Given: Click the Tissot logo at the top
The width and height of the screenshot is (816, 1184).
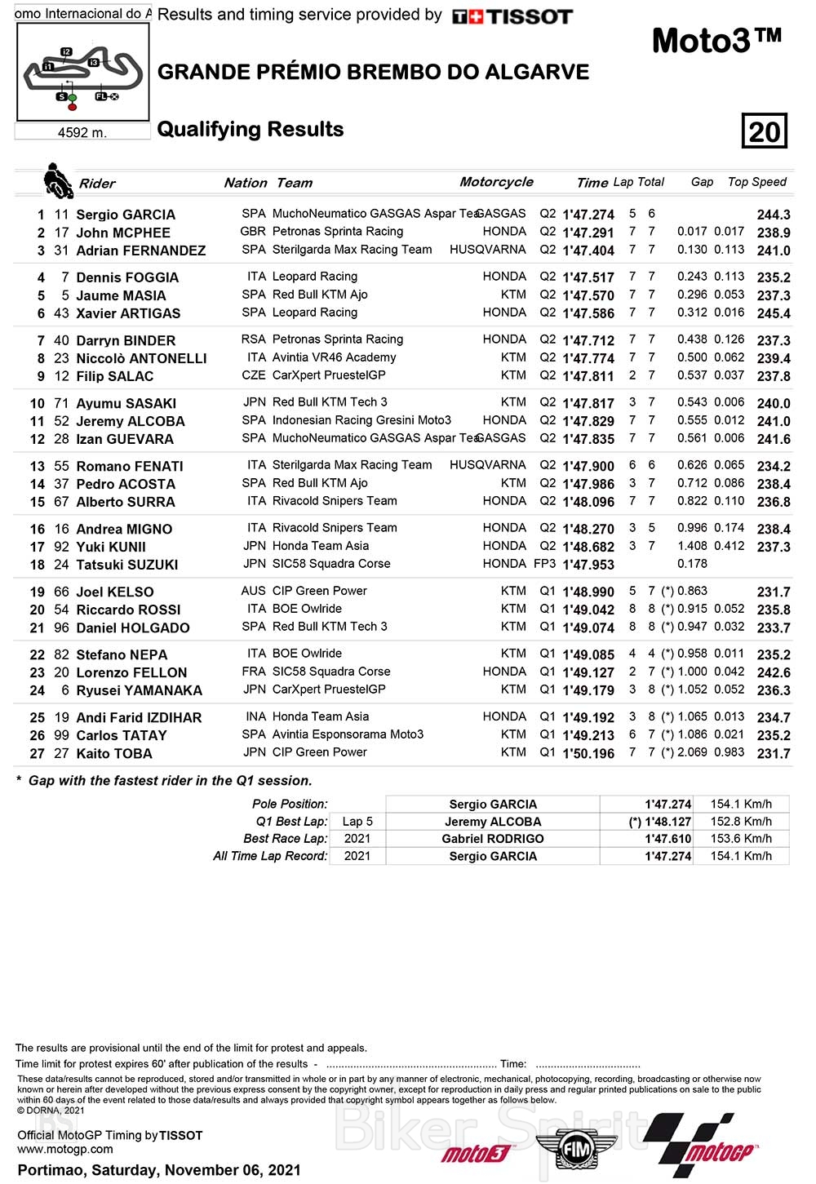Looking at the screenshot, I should (x=512, y=16).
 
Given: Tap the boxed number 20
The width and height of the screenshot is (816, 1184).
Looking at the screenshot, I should (x=764, y=131).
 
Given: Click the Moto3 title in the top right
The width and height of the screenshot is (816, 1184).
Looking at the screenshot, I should (x=716, y=41).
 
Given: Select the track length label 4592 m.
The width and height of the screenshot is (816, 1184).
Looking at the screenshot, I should (x=82, y=132).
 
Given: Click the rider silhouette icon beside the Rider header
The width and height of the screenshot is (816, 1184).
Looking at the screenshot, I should (x=58, y=180).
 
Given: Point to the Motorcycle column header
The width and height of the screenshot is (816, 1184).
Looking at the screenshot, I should (x=496, y=182).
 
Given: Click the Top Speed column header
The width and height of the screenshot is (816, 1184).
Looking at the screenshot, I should (x=756, y=182).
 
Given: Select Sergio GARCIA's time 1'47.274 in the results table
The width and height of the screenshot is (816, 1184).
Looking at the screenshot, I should (x=588, y=215).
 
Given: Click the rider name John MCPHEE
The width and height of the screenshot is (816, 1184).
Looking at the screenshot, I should (x=123, y=233).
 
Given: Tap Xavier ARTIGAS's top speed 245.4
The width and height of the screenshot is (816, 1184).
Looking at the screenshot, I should (x=774, y=313).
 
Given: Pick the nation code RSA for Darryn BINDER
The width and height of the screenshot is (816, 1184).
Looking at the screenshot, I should (x=254, y=339).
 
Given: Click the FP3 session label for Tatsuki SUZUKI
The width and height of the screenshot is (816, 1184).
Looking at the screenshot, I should (x=544, y=564).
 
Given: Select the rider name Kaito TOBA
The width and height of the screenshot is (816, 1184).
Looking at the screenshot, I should (x=114, y=753).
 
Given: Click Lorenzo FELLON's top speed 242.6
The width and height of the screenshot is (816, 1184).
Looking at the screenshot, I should (x=774, y=672).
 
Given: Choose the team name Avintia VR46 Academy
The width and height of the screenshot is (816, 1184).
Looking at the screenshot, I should (x=334, y=357).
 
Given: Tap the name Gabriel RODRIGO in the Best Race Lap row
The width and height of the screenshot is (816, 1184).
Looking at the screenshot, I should (x=493, y=839).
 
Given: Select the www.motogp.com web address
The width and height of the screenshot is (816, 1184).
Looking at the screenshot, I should (x=65, y=1149).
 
